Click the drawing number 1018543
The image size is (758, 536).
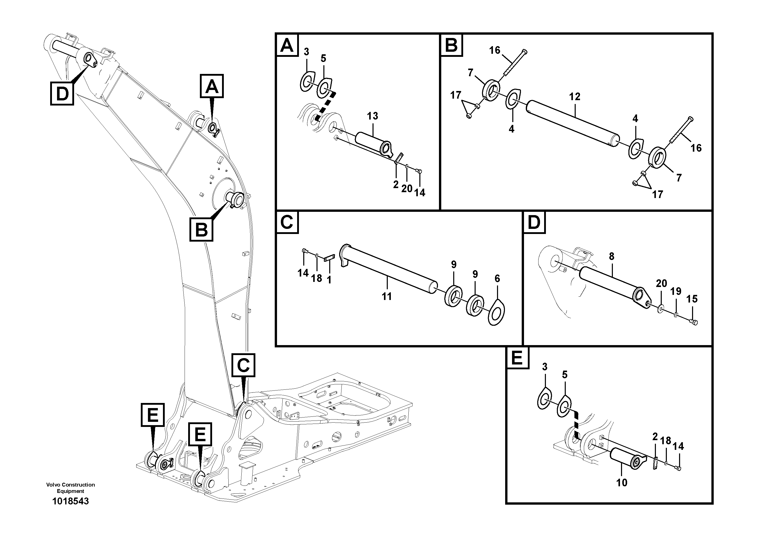pos(70,501)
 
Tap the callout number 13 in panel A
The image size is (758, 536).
pos(373,116)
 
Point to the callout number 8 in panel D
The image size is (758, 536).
pos(611,256)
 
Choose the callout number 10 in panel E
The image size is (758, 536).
pos(622,482)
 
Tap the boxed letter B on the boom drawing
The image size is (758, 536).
pos(201,229)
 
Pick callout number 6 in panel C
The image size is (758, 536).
pos(497,279)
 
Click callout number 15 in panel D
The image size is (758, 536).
pos(692,299)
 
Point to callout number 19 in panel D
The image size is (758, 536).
pos(676,292)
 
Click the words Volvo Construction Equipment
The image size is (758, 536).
pos(70,488)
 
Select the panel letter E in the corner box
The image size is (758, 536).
pos(517,358)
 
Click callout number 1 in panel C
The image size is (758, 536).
pos(329,280)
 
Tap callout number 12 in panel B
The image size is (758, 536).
pos(574,97)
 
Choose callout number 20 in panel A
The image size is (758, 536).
pos(407,189)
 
